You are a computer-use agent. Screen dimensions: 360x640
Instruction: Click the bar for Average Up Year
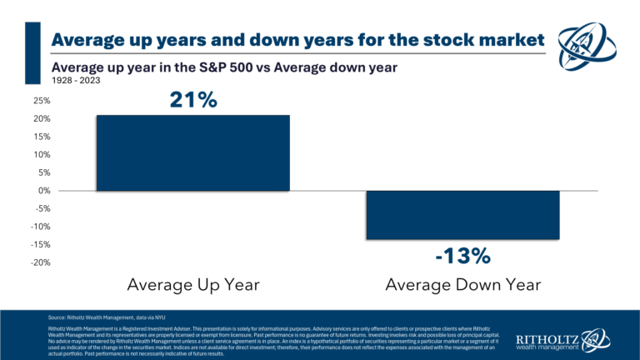tap(192, 153)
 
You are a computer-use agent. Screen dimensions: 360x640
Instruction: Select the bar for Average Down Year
tap(463, 215)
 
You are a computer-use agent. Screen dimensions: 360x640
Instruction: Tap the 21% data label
tap(192, 100)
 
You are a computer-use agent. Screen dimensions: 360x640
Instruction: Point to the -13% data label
tap(463, 254)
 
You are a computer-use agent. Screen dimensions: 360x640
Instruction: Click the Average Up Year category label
tap(192, 285)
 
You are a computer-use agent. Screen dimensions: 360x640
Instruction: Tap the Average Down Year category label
tap(463, 285)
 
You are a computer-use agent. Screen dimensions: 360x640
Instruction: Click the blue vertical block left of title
tap(33, 52)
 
